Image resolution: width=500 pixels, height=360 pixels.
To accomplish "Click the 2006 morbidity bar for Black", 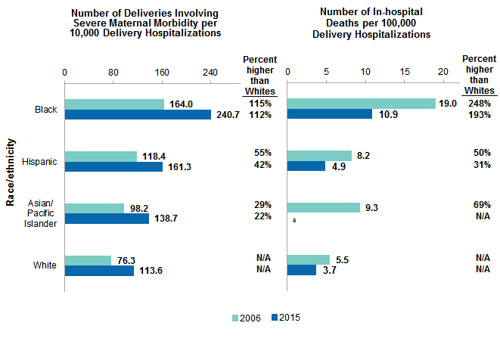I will [114, 104].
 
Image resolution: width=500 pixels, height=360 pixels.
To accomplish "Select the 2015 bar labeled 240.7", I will [138, 115].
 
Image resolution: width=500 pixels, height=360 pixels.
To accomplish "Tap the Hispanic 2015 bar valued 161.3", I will [113, 166].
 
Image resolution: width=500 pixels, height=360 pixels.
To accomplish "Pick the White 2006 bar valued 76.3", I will [88, 260].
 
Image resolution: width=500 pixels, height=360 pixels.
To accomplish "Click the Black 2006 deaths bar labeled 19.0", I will [362, 104].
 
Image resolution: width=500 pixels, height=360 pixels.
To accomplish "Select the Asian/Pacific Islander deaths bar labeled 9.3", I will [324, 207].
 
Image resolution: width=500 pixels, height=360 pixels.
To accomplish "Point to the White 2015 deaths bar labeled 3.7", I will [302, 271].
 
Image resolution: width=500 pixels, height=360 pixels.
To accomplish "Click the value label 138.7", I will [166, 219].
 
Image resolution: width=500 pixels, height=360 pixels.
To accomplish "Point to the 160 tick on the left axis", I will [162, 73].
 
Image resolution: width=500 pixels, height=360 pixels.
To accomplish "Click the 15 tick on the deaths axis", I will [405, 73].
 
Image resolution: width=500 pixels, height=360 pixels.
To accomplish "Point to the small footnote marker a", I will [293, 221].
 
